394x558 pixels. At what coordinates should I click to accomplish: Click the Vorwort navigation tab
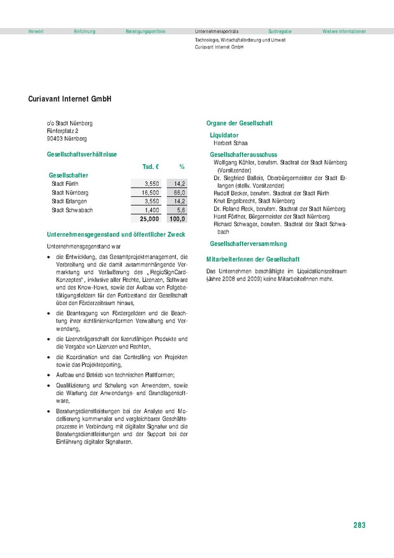[x=36, y=31]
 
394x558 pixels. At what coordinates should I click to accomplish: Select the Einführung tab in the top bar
[x=84, y=31]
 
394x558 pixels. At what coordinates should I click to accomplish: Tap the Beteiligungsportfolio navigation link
[x=145, y=31]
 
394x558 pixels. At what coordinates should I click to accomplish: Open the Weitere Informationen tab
[x=344, y=31]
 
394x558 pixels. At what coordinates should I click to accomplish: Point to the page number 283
[x=359, y=525]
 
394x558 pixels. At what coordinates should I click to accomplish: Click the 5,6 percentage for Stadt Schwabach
[x=181, y=211]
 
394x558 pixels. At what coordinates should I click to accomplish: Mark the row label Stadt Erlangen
[x=69, y=202]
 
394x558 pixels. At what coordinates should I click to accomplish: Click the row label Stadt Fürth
[x=65, y=184]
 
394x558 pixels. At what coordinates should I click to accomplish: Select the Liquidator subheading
[x=224, y=135]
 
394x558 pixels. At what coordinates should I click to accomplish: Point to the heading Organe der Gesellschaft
[x=239, y=123]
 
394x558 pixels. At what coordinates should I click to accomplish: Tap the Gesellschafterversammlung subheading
[x=248, y=244]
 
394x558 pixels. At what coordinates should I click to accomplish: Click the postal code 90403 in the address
[x=56, y=139]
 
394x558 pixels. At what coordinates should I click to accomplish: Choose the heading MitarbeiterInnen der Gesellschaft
[x=253, y=258]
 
